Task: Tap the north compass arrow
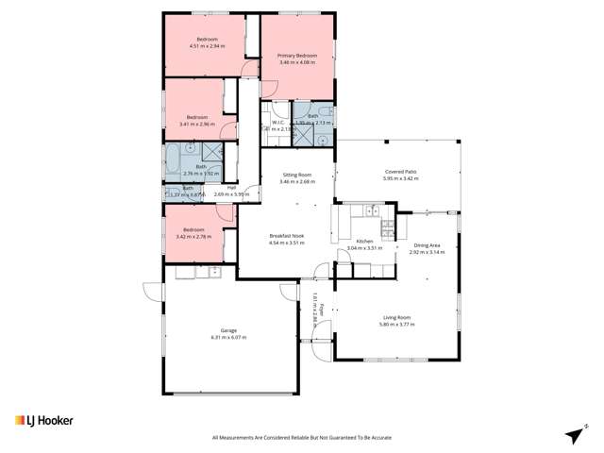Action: pyautogui.click(x=572, y=433)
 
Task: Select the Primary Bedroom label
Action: pyautogui.click(x=296, y=56)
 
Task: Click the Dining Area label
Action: pyautogui.click(x=428, y=245)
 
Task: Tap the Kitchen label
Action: pyautogui.click(x=365, y=242)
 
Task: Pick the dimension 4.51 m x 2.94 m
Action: pyautogui.click(x=204, y=46)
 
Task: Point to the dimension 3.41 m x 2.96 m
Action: pyautogui.click(x=197, y=124)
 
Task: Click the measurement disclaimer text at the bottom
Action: pyautogui.click(x=302, y=438)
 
